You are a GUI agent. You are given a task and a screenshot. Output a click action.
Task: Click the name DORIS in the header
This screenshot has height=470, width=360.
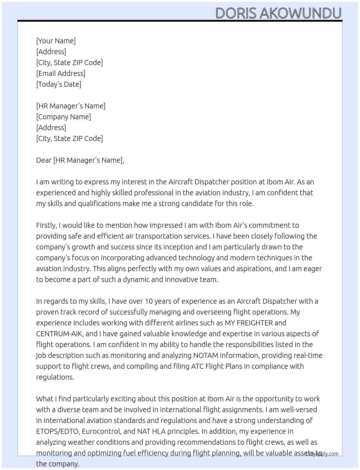tap(236, 13)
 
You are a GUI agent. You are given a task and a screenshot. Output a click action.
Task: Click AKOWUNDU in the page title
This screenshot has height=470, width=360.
tap(300, 13)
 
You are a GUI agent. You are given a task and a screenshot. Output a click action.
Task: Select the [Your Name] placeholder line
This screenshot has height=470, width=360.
tap(56, 41)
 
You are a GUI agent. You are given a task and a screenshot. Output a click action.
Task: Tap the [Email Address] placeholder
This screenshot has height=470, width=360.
tap(61, 73)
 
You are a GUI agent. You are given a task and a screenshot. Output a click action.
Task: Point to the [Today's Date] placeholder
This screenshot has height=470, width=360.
tap(59, 84)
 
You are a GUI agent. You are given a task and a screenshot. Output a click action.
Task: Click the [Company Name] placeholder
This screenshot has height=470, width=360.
tap(64, 117)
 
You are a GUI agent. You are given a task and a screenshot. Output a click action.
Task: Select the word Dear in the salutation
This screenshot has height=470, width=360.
tap(44, 160)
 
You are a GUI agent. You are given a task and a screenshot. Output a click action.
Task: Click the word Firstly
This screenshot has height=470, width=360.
tap(46, 225)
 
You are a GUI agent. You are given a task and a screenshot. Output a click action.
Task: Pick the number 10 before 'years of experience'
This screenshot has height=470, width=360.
tap(149, 301)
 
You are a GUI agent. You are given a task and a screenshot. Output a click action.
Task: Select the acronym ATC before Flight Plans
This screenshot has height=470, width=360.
tap(197, 366)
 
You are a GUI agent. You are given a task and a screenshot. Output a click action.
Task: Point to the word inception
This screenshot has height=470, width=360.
tap(177, 247)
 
